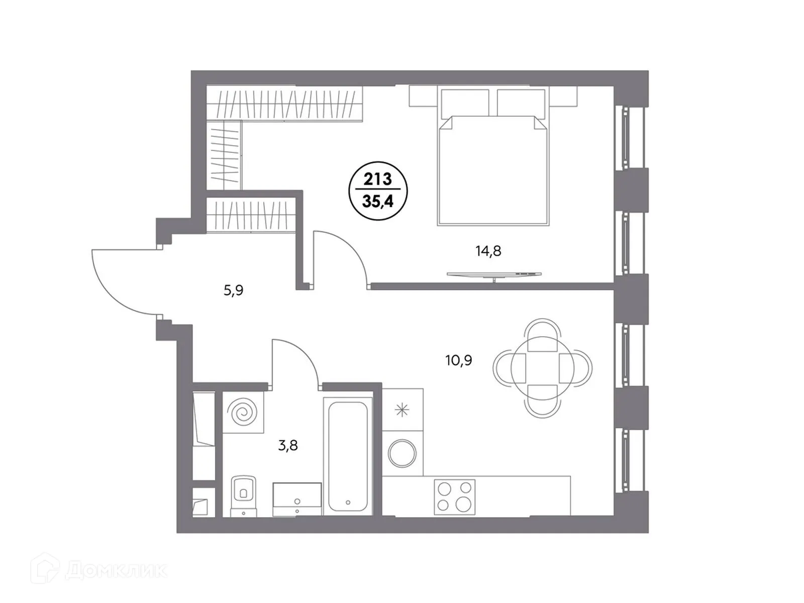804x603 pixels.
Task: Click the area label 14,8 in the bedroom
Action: [488, 250]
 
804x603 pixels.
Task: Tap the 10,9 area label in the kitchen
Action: [458, 360]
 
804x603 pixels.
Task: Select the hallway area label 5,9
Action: [233, 290]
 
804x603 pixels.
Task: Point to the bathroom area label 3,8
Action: [288, 445]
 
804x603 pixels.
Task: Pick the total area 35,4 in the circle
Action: [378, 202]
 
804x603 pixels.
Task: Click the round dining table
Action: [542, 367]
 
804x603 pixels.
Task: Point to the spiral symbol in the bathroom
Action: [243, 413]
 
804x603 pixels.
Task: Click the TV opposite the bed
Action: [494, 274]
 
